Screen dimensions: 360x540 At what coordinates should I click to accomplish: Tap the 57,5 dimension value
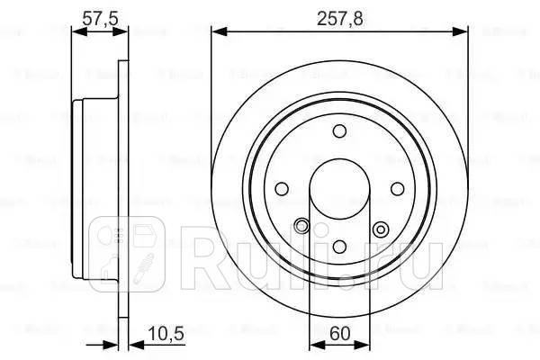[x=97, y=14]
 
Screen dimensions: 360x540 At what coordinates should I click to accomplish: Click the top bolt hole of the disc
[x=339, y=132]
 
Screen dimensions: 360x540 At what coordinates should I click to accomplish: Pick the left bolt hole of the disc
[x=281, y=189]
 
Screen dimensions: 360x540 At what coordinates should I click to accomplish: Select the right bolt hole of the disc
[x=397, y=189]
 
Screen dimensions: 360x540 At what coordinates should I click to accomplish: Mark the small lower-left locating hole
[x=302, y=226]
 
